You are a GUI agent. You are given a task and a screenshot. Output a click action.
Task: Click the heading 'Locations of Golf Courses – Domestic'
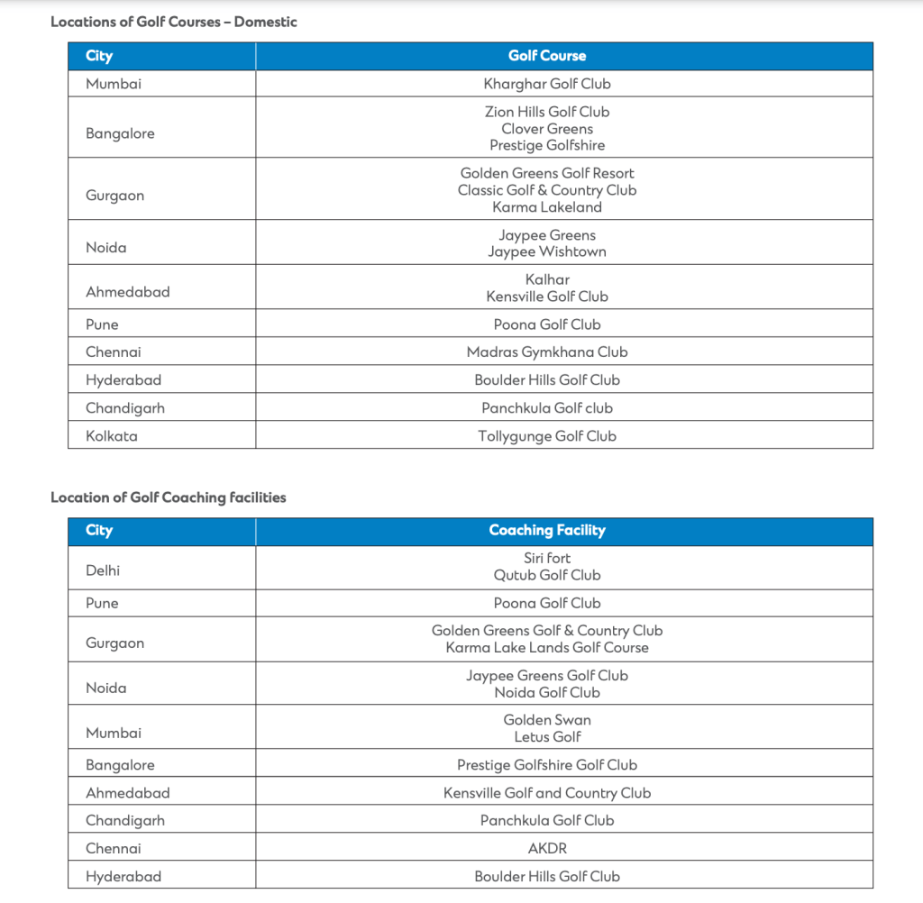(x=174, y=22)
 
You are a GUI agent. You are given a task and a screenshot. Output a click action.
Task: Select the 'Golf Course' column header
(x=547, y=56)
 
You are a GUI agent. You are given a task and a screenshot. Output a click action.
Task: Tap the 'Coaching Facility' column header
(x=547, y=531)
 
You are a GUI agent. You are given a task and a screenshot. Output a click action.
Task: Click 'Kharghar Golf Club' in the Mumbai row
(x=547, y=84)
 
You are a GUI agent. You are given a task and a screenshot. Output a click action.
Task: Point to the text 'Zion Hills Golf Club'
(x=547, y=112)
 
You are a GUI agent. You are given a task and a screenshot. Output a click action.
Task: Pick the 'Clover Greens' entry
(x=547, y=129)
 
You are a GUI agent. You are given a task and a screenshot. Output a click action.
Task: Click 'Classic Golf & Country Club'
(x=547, y=190)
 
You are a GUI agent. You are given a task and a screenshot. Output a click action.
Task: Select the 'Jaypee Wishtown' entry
(x=547, y=252)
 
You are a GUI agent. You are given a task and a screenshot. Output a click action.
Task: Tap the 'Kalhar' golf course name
(x=547, y=279)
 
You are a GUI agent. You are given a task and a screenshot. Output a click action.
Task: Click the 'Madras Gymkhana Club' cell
(x=547, y=352)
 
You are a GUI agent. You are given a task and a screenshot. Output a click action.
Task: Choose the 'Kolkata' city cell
(x=112, y=436)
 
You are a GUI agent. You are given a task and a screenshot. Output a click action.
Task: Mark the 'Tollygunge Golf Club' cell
(x=547, y=436)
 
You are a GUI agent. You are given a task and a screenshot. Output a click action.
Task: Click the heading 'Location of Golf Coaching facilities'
(x=169, y=497)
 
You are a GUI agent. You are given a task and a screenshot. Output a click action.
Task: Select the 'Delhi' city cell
(x=103, y=570)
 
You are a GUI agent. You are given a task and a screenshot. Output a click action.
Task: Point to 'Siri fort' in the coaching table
(x=547, y=559)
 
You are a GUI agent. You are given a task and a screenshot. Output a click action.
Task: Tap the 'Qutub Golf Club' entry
(x=547, y=575)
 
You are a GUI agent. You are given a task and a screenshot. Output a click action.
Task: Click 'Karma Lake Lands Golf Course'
(x=547, y=648)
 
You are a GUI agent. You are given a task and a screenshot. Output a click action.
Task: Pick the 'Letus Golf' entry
(x=547, y=737)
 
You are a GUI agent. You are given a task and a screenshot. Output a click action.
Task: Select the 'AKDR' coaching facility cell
(x=547, y=848)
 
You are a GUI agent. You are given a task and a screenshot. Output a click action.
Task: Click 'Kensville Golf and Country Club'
(x=547, y=793)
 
